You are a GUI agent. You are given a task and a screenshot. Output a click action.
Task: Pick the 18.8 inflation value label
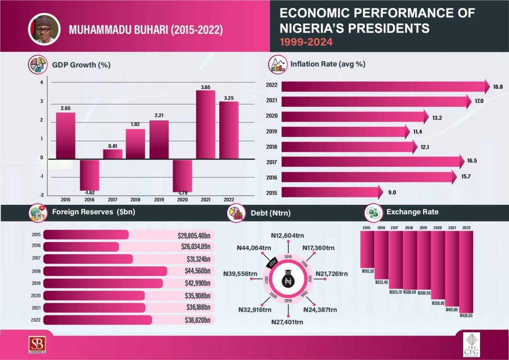click(498, 87)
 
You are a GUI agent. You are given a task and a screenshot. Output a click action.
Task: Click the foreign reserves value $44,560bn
click(194, 271)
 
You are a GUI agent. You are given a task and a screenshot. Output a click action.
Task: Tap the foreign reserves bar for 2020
click(94, 295)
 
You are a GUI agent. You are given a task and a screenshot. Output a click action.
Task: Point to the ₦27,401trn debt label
click(287, 322)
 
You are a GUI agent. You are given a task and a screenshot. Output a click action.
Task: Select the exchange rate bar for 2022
click(466, 271)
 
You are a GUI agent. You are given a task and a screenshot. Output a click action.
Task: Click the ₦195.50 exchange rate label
click(368, 270)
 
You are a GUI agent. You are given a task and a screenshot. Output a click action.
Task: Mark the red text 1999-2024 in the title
click(306, 42)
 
